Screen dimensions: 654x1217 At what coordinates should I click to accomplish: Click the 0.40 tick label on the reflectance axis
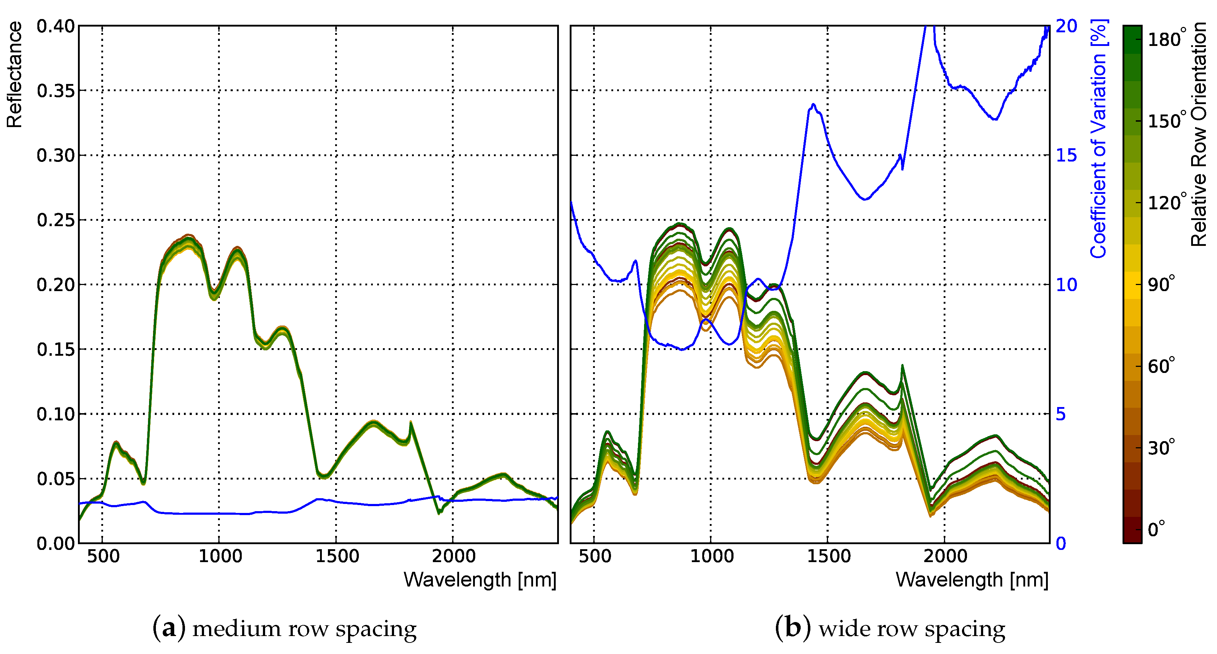pyautogui.click(x=55, y=27)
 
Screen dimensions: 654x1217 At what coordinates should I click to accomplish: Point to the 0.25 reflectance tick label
pyautogui.click(x=55, y=220)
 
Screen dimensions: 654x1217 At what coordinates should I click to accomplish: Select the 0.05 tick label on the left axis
pyautogui.click(x=55, y=479)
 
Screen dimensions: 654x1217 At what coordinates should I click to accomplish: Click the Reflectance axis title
pyautogui.click(x=14, y=75)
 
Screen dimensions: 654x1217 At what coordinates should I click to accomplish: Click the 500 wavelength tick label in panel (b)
pyautogui.click(x=594, y=556)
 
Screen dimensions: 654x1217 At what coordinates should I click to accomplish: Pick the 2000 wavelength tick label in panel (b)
pyautogui.click(x=945, y=556)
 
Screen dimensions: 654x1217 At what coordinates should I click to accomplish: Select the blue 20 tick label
pyautogui.click(x=1066, y=27)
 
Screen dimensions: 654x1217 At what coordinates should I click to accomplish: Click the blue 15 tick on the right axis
pyautogui.click(x=1066, y=155)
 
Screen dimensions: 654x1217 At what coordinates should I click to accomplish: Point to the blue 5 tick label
pyautogui.click(x=1061, y=414)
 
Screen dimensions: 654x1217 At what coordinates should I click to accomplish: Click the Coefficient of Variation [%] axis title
pyautogui.click(x=1099, y=138)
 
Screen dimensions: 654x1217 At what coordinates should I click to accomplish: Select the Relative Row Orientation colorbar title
pyautogui.click(x=1199, y=134)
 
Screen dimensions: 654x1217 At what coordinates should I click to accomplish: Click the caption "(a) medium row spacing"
pyautogui.click(x=284, y=628)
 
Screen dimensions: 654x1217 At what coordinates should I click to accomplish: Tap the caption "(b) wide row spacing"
pyautogui.click(x=890, y=628)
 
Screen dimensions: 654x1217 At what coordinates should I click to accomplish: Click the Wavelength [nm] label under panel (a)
pyautogui.click(x=480, y=579)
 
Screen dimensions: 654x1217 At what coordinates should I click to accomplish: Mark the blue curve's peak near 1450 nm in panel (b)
pyautogui.click(x=813, y=104)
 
